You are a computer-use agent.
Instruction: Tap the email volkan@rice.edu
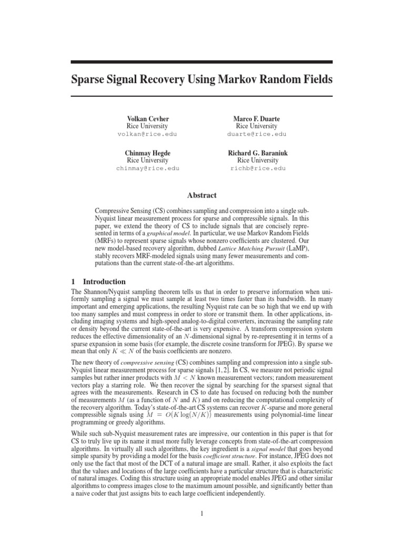pos(147,134)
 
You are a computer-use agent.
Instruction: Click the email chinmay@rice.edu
pos(147,168)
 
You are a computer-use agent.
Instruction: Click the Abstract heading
pos(202,195)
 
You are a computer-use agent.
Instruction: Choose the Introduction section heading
pos(104,282)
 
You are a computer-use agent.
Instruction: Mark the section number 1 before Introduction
pos(73,282)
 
